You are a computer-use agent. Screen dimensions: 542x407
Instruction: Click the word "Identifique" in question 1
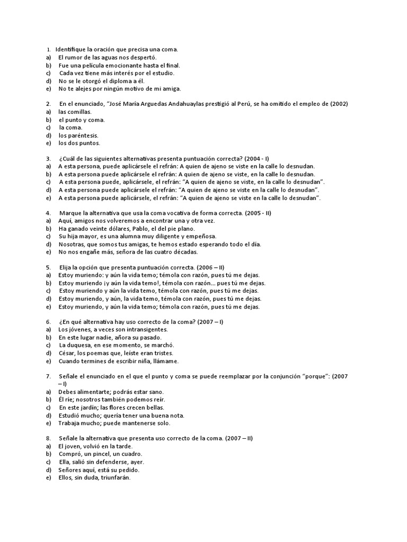pyautogui.click(x=72, y=49)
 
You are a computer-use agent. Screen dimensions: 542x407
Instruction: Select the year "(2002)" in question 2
pyautogui.click(x=338, y=104)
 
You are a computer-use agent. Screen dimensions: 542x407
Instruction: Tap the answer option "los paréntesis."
pyautogui.click(x=79, y=135)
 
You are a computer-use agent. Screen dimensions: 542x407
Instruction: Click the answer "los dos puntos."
pyautogui.click(x=79, y=143)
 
